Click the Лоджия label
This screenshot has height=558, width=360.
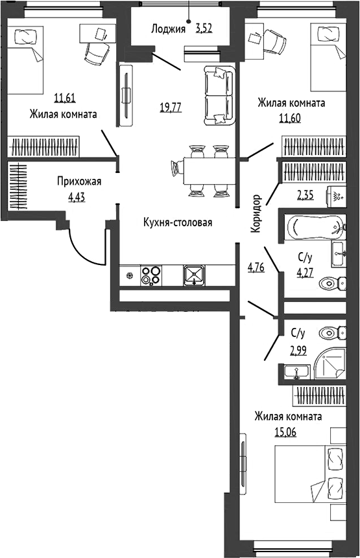pos(168,29)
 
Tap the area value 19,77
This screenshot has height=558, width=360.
pos(171,106)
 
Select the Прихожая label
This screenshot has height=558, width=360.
pos(79,181)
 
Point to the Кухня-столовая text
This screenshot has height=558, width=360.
pos(178,223)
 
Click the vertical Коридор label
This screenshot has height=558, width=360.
pos(256,213)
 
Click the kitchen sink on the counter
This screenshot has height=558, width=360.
pos(194,275)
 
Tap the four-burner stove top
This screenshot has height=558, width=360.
pos(151,275)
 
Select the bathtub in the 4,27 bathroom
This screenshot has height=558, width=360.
pos(315,227)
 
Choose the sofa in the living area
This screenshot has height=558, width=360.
pos(219,96)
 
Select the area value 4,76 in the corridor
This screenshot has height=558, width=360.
pos(256,267)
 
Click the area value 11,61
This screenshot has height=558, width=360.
pos(66,97)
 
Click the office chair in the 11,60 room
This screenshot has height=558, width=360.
pos(275,41)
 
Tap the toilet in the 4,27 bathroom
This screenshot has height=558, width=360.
pos(333,284)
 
